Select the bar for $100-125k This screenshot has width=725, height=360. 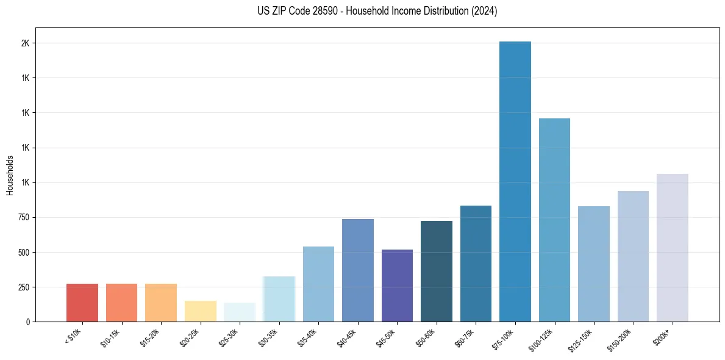[554, 220]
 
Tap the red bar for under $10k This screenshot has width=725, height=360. [82, 303]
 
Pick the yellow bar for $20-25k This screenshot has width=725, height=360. [201, 311]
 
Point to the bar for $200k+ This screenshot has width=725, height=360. [673, 248]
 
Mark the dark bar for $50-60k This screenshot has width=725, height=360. [437, 271]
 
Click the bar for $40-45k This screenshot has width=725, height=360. [358, 270]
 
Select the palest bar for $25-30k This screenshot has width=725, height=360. [240, 312]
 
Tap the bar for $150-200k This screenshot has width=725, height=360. [633, 256]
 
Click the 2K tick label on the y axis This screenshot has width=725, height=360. [26, 43]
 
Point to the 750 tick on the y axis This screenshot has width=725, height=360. [23, 218]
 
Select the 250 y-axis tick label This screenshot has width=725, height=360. [23, 287]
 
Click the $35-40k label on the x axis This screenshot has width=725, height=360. [308, 337]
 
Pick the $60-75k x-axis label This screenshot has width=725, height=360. [465, 337]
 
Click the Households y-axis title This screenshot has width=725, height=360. [10, 175]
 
